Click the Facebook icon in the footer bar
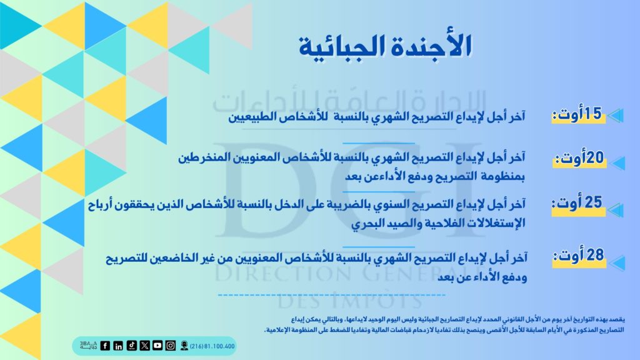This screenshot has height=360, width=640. point(105,346)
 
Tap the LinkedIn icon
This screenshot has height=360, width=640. point(118,346)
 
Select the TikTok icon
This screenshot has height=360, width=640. point(131,346)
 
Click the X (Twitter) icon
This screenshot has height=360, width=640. point(144,346)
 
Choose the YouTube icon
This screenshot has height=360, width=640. point(157,346)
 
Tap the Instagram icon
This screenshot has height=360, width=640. point(171,346)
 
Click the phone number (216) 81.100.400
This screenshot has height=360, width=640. point(212,346)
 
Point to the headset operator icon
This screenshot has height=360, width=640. point(184,346)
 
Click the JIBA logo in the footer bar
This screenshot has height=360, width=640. point(88,345)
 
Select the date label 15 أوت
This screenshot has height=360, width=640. point(577,114)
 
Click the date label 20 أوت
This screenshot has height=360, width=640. point(579,158)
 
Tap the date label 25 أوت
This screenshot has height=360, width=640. point(577,203)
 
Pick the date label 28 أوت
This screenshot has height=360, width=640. point(579,256)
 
